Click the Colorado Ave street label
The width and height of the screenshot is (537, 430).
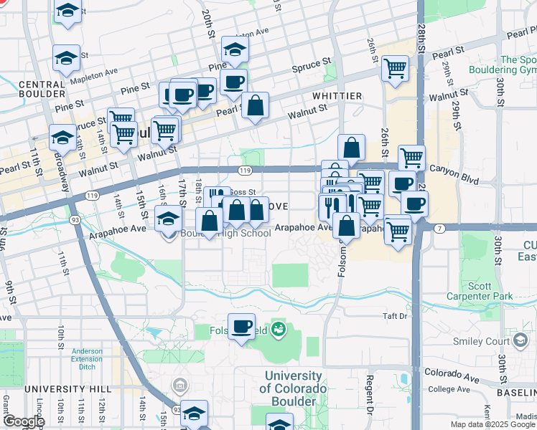[x=451, y=372]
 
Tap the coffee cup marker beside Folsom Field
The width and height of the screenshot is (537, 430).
[x=241, y=327]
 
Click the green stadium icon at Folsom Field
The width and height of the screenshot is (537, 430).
[x=279, y=330]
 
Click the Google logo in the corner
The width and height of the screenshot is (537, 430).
[x=24, y=421]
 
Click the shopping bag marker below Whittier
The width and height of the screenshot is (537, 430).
[x=351, y=148]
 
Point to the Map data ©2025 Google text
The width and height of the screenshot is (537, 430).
[x=492, y=424]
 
